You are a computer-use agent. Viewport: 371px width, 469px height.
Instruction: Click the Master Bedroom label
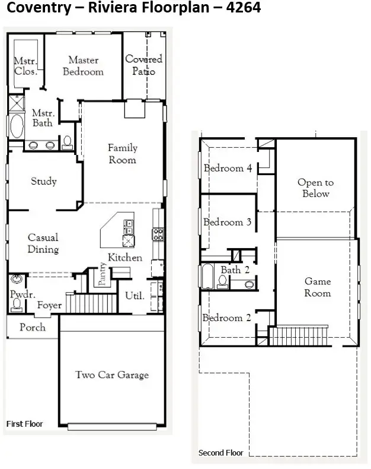pyautogui.click(x=84, y=66)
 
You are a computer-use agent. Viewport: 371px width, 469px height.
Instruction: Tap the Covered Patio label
pyautogui.click(x=143, y=65)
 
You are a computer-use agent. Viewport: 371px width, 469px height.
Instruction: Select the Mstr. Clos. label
pyautogui.click(x=25, y=66)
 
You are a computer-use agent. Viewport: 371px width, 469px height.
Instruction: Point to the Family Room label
pyautogui.click(x=122, y=154)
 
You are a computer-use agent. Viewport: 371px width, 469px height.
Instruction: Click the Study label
pyautogui.click(x=44, y=182)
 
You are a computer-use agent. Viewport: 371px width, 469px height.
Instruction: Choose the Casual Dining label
pyautogui.click(x=43, y=243)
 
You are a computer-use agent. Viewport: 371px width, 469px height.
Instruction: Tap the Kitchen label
pyautogui.click(x=124, y=258)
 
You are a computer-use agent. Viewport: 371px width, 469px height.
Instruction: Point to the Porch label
pyautogui.click(x=32, y=327)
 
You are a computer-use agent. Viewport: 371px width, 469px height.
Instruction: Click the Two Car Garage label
pyautogui.click(x=111, y=375)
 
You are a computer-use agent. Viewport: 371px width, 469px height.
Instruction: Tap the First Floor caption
pyautogui.click(x=24, y=424)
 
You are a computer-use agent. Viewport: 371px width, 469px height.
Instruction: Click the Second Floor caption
pyautogui.click(x=220, y=453)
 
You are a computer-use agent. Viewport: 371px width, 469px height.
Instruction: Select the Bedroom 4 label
pyautogui.click(x=228, y=169)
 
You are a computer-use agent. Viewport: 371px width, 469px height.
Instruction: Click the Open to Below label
pyautogui.click(x=315, y=188)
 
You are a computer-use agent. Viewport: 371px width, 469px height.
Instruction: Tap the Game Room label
pyautogui.click(x=318, y=287)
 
